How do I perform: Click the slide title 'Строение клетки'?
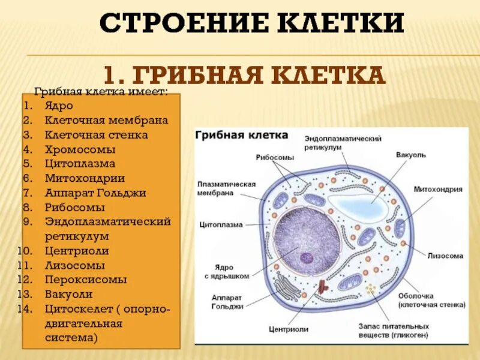(x=251, y=23)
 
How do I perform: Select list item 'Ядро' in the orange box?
(x=58, y=106)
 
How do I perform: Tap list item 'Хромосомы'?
(x=79, y=149)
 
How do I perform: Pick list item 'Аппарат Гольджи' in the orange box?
(x=95, y=193)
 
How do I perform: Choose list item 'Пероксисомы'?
(x=85, y=280)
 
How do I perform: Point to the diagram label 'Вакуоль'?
(x=410, y=155)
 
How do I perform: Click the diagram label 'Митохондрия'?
(x=437, y=189)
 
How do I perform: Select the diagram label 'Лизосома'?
(x=445, y=256)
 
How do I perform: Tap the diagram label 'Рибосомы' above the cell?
(x=275, y=157)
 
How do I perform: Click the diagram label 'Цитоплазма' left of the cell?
(x=221, y=225)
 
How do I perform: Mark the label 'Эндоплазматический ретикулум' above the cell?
(x=343, y=143)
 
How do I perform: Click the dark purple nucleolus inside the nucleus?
(x=307, y=258)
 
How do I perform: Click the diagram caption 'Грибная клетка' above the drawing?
(x=241, y=135)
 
